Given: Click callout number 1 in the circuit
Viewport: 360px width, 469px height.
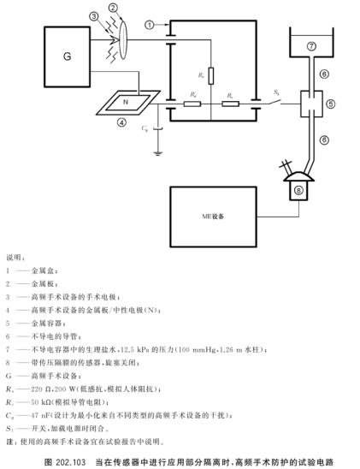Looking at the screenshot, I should pyautogui.click(x=150, y=25).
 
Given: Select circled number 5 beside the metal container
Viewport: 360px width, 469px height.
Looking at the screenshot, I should pyautogui.click(x=331, y=104).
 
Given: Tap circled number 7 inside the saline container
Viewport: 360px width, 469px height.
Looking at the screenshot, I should pyautogui.click(x=311, y=44).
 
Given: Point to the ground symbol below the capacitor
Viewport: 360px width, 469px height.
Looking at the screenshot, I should pyautogui.click(x=157, y=155).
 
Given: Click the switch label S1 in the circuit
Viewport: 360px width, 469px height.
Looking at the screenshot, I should pyautogui.click(x=276, y=92).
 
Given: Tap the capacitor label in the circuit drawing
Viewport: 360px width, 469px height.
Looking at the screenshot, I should pyautogui.click(x=145, y=130).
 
